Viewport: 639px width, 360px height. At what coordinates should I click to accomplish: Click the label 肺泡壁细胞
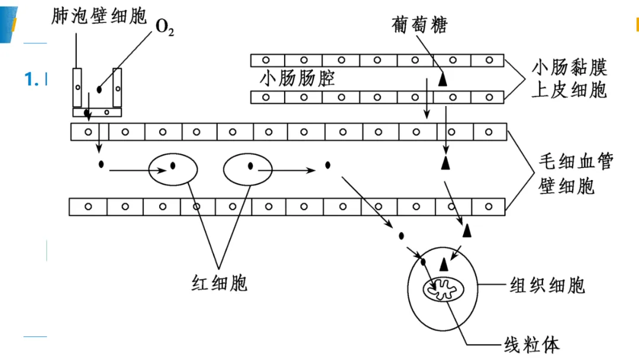(x=99, y=17)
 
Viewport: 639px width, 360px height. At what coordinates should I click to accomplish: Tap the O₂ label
(x=164, y=27)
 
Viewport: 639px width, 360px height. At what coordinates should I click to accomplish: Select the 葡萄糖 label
(x=419, y=25)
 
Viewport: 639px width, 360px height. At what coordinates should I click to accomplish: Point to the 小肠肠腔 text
(x=297, y=78)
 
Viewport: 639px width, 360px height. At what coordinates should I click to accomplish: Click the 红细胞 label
(x=220, y=283)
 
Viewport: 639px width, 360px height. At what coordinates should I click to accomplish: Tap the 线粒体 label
(x=532, y=345)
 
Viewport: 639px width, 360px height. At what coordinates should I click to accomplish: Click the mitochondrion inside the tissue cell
(x=443, y=290)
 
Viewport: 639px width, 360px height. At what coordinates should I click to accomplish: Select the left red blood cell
(x=173, y=169)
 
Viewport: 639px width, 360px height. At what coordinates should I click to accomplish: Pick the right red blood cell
(x=248, y=169)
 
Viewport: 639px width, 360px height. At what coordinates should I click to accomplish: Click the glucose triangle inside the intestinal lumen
(x=443, y=79)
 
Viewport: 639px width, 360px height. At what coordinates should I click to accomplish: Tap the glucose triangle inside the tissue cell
(x=444, y=265)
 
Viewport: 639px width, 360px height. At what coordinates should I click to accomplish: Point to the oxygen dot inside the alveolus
(x=99, y=89)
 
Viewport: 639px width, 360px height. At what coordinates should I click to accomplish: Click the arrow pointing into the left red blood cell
(x=138, y=171)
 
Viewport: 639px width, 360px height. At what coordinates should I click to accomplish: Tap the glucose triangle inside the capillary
(x=446, y=162)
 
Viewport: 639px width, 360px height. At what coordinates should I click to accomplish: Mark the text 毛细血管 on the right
(x=576, y=162)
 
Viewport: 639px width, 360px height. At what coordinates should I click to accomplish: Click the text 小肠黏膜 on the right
(x=569, y=67)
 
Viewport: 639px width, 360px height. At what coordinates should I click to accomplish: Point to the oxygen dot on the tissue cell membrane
(x=423, y=261)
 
